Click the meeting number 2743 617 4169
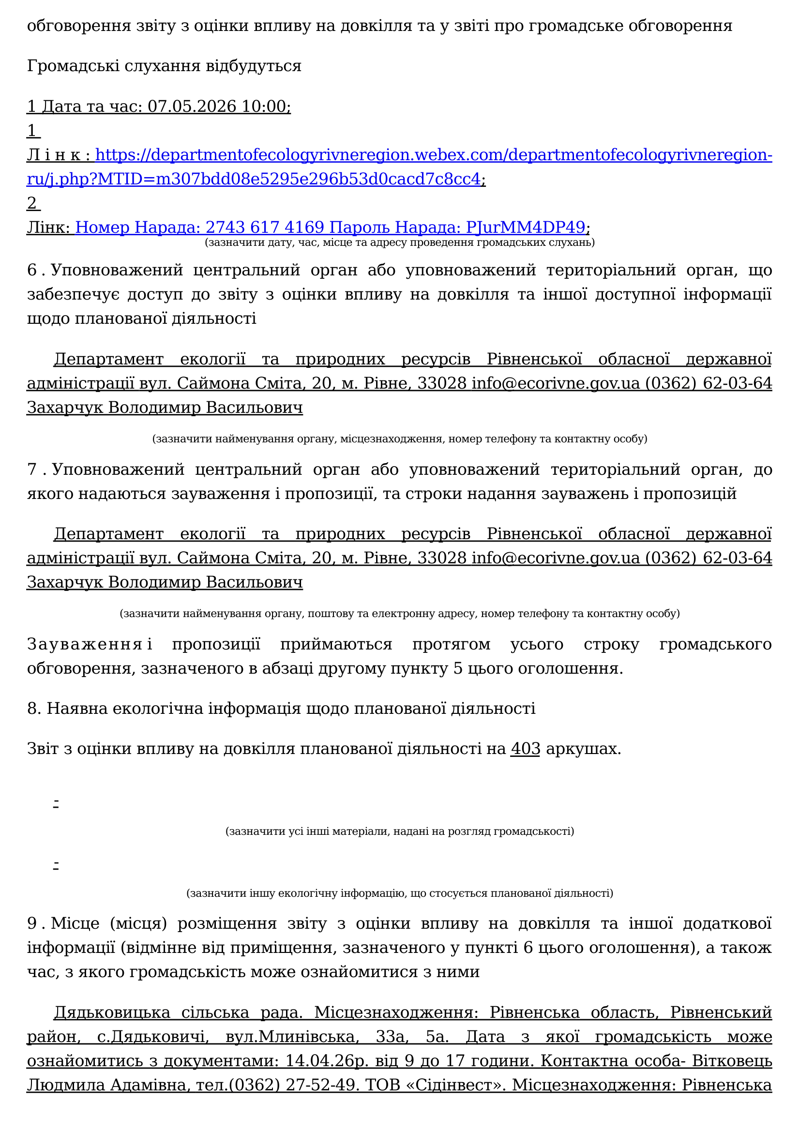click(265, 227)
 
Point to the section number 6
click(32, 270)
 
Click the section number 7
click(32, 469)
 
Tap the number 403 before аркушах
click(526, 749)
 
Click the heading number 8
click(33, 709)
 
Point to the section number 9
click(32, 923)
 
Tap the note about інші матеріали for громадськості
click(399, 832)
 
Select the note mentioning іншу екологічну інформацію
click(399, 893)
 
